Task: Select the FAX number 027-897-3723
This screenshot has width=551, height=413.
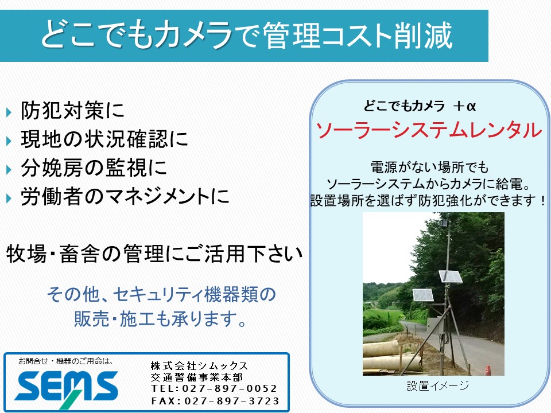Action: tap(231, 401)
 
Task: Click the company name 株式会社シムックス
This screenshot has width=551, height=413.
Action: tap(199, 365)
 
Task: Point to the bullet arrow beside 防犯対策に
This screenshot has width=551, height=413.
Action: tap(9, 112)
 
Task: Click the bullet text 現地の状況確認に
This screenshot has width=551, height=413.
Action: tap(104, 139)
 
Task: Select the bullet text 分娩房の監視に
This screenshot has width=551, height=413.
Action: tap(94, 167)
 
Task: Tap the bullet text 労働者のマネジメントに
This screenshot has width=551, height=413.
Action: tap(125, 196)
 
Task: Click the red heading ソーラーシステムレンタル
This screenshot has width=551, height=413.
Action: tap(429, 130)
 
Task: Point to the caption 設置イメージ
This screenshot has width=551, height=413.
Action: tap(438, 385)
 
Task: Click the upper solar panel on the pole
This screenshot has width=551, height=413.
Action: tap(451, 276)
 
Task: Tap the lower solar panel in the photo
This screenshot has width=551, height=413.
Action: tap(423, 295)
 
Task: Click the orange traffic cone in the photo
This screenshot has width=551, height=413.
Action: tap(488, 370)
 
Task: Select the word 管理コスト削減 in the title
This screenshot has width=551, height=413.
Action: tap(357, 35)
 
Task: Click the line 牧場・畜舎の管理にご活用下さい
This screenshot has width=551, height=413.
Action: tap(154, 254)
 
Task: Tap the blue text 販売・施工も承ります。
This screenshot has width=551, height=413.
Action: tap(160, 318)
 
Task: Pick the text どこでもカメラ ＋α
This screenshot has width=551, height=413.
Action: tap(420, 106)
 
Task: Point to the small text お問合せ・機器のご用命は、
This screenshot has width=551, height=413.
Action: tap(65, 361)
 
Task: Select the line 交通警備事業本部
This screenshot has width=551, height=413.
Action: tap(197, 377)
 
